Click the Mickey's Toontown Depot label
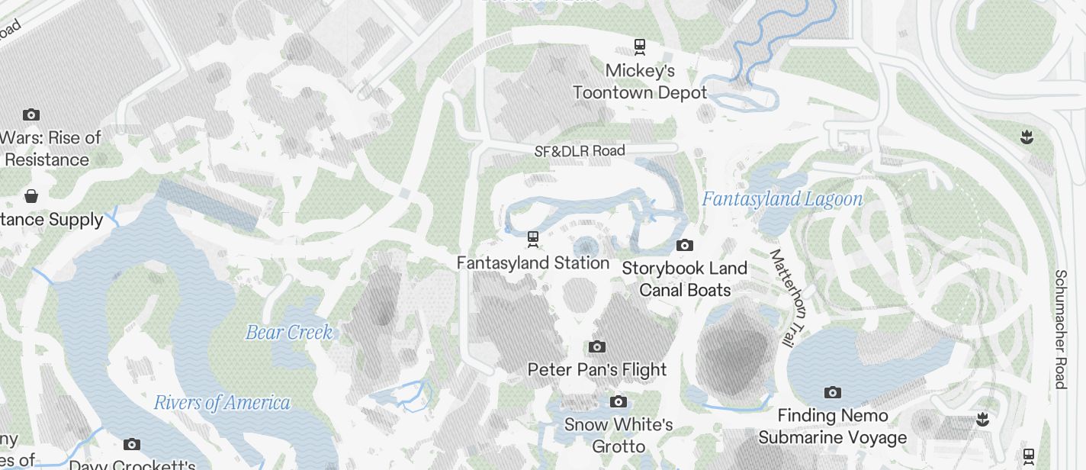[640, 82]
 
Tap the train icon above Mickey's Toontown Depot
[640, 47]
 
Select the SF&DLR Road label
[580, 151]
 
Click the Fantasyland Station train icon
[533, 240]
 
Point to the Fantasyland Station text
[533, 263]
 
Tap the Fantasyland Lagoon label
[782, 200]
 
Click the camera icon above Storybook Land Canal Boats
[685, 246]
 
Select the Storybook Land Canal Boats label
[685, 279]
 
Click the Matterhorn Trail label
[783, 298]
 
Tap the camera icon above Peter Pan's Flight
[597, 347]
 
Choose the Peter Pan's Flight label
[597, 370]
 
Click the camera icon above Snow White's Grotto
[619, 401]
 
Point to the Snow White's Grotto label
[619, 435]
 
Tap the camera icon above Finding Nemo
[833, 393]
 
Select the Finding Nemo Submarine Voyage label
[833, 427]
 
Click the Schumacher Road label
[1061, 329]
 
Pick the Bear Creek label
[289, 333]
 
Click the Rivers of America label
[222, 403]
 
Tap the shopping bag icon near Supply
[31, 196]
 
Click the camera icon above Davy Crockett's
[132, 444]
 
